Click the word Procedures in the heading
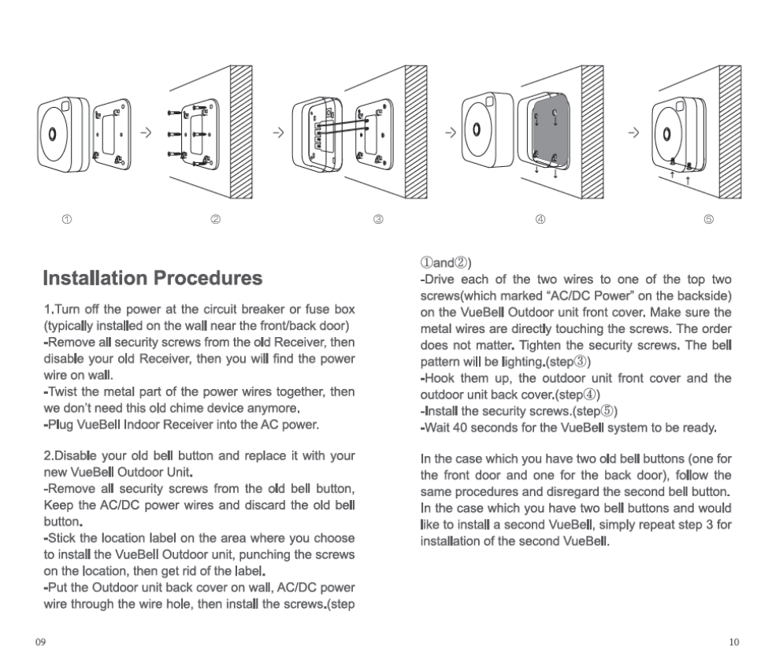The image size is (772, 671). [208, 278]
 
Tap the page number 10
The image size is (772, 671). [734, 642]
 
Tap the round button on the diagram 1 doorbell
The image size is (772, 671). [52, 133]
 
